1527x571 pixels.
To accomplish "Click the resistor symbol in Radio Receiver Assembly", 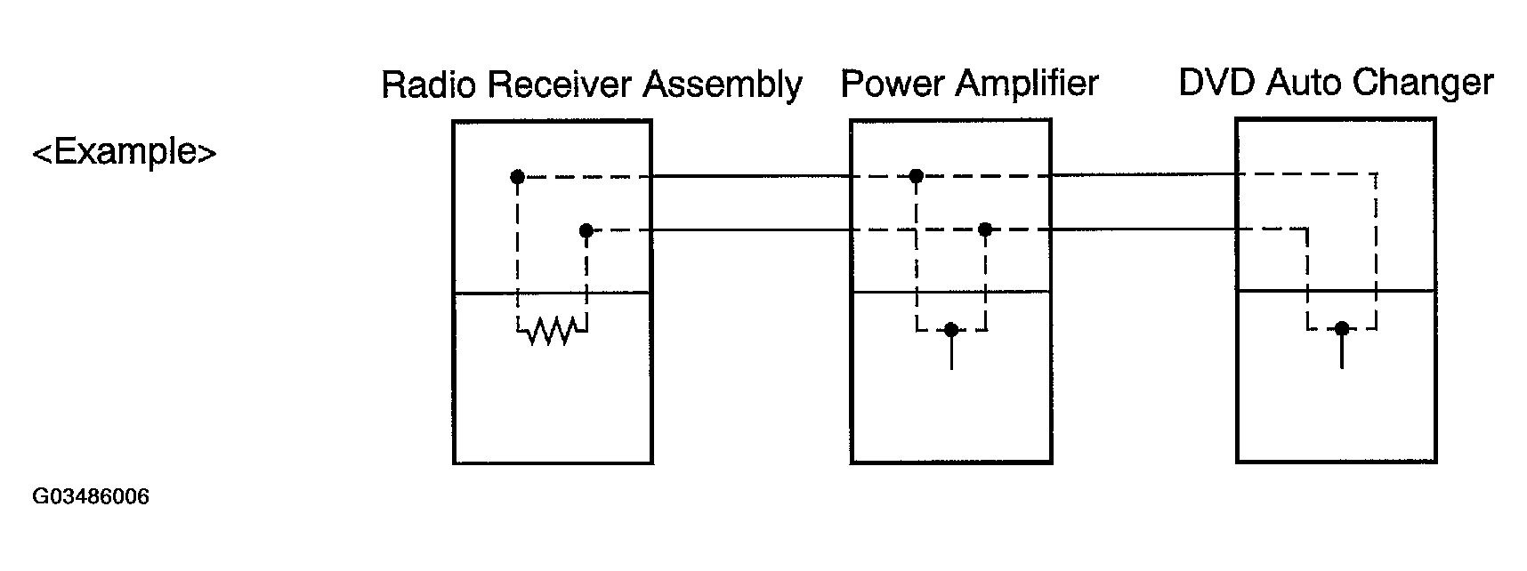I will coord(552,332).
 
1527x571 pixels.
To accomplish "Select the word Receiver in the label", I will coord(560,84).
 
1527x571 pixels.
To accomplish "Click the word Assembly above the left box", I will coord(723,85).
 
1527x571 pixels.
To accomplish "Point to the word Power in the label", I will coord(893,84).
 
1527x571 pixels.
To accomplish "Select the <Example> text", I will coord(125,153).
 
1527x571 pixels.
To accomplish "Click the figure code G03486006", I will coord(91,496).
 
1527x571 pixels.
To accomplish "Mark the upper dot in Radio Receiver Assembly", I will coord(517,177).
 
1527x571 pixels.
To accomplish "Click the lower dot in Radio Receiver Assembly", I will coord(586,231).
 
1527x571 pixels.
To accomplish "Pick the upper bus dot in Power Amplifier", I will coord(916,176).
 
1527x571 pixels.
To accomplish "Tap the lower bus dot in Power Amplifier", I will coord(984,229).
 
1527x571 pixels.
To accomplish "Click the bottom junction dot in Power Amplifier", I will coord(951,330).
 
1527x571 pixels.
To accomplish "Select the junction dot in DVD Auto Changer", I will coord(1342,329).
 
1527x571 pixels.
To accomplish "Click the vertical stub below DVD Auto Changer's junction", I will coord(1342,351).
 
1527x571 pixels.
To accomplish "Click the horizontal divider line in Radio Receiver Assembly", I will coord(552,293).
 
